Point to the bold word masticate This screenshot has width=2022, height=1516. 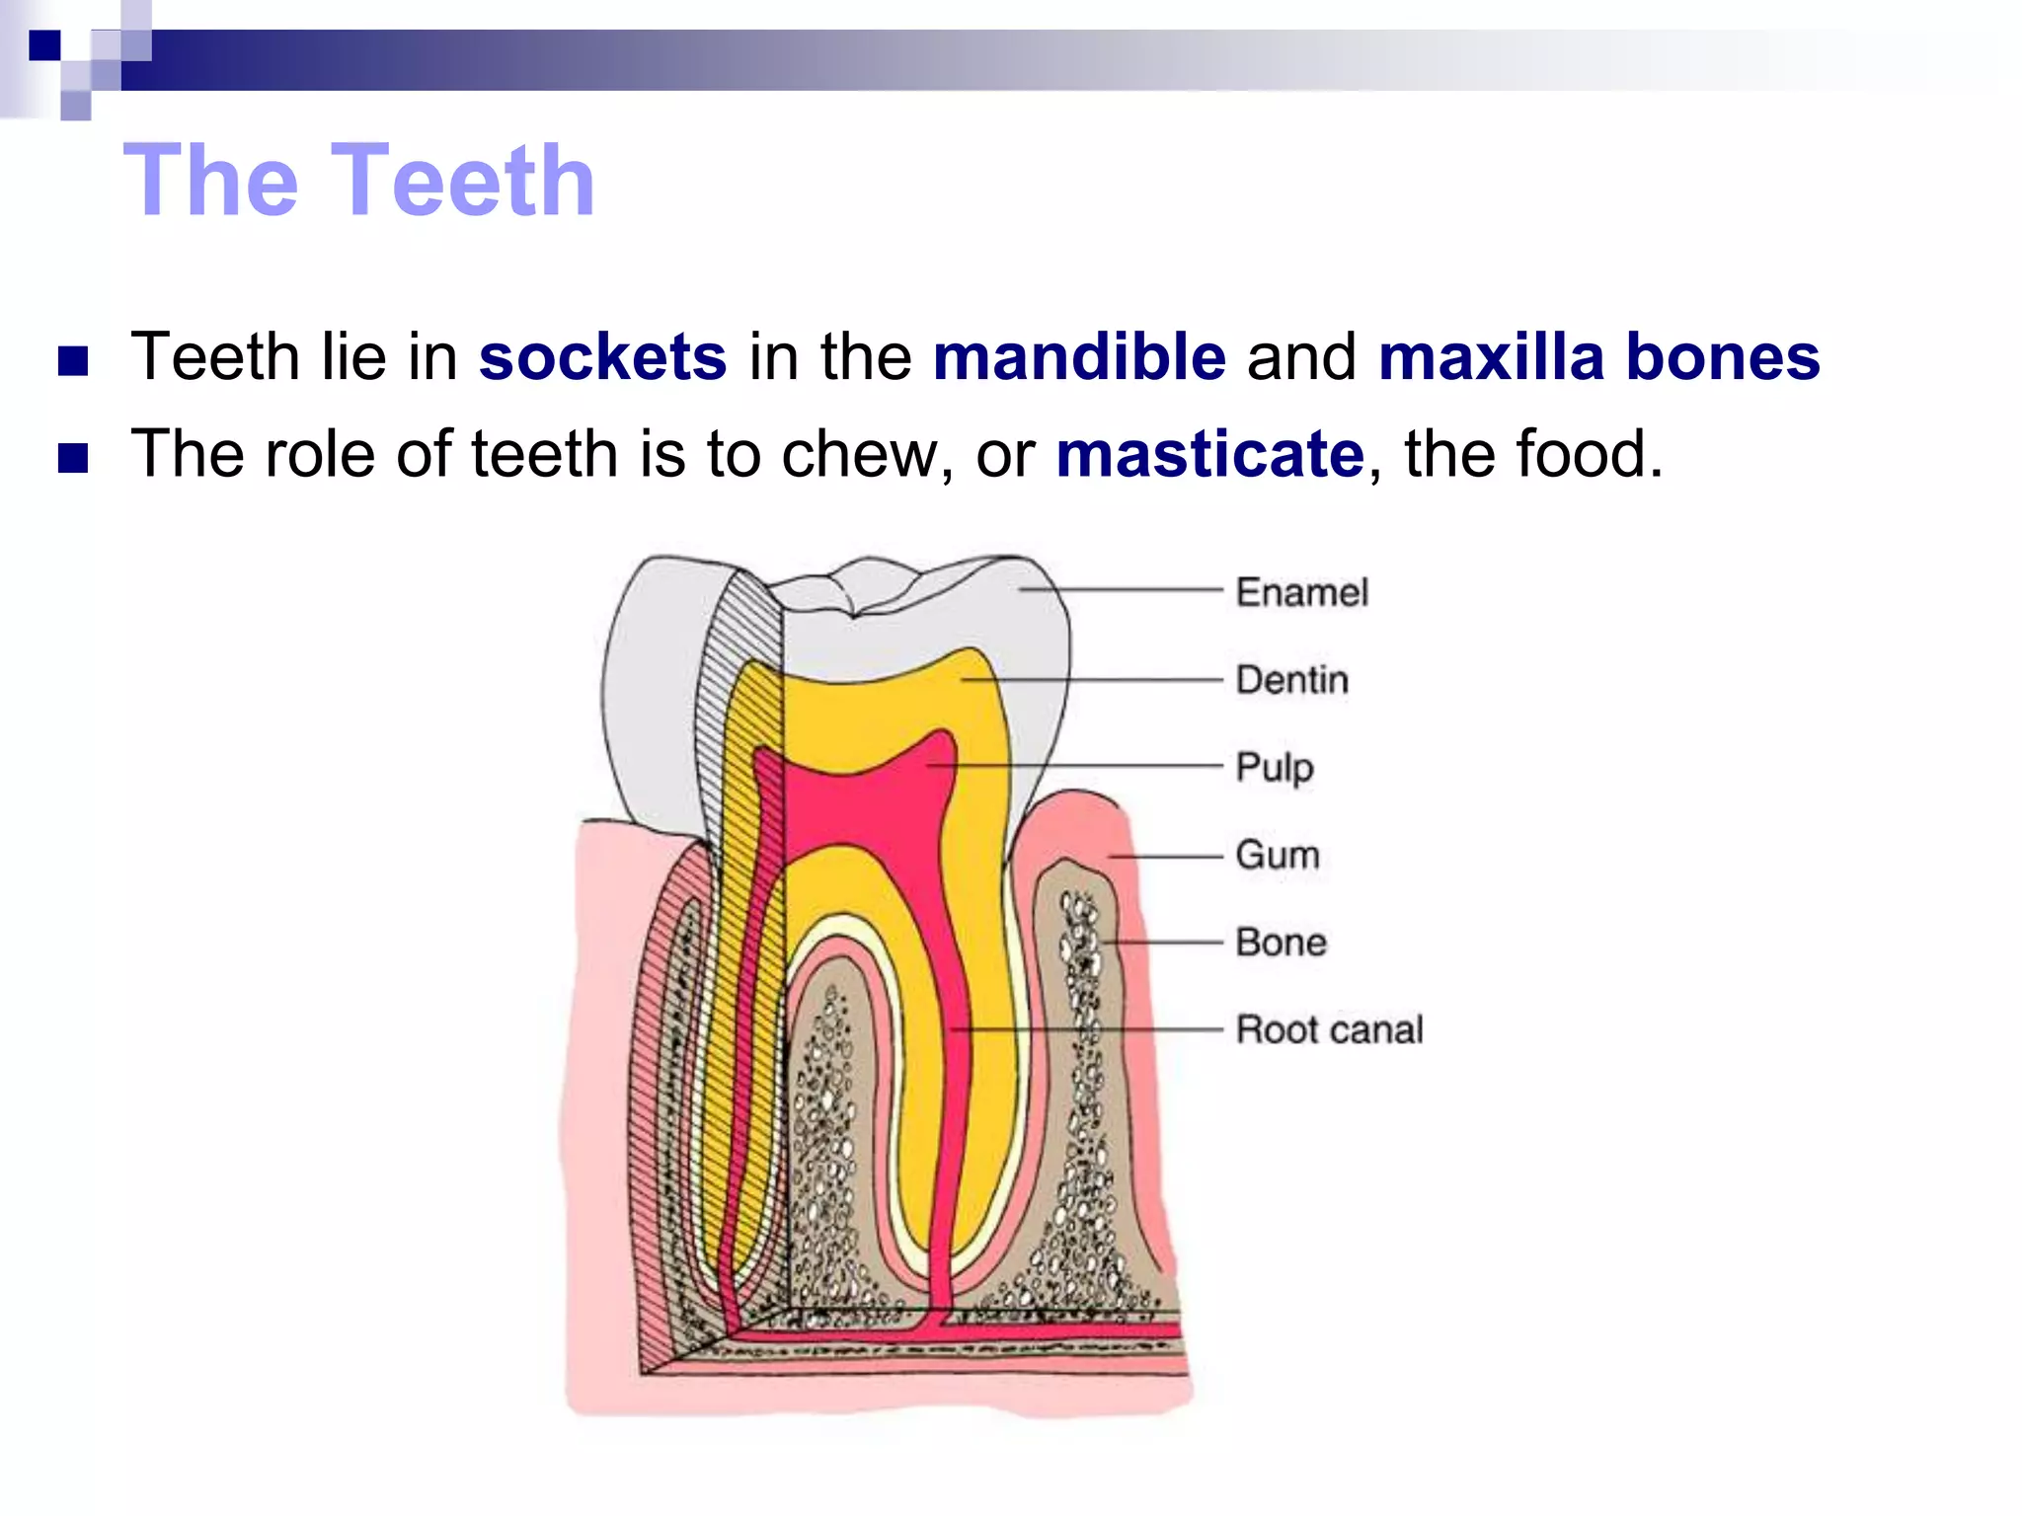pos(1209,454)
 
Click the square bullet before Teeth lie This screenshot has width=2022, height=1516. pos(73,361)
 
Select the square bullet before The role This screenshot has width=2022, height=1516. pos(73,458)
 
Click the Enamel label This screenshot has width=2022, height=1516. pos(1301,592)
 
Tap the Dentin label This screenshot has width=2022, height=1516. pos(1291,680)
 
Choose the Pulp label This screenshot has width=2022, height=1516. pos(1275,767)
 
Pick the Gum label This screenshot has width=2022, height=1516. pos(1277,855)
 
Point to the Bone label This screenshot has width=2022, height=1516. pos(1281,943)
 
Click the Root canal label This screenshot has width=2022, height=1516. pos(1329,1029)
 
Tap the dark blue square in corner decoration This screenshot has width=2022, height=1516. pos(44,45)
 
